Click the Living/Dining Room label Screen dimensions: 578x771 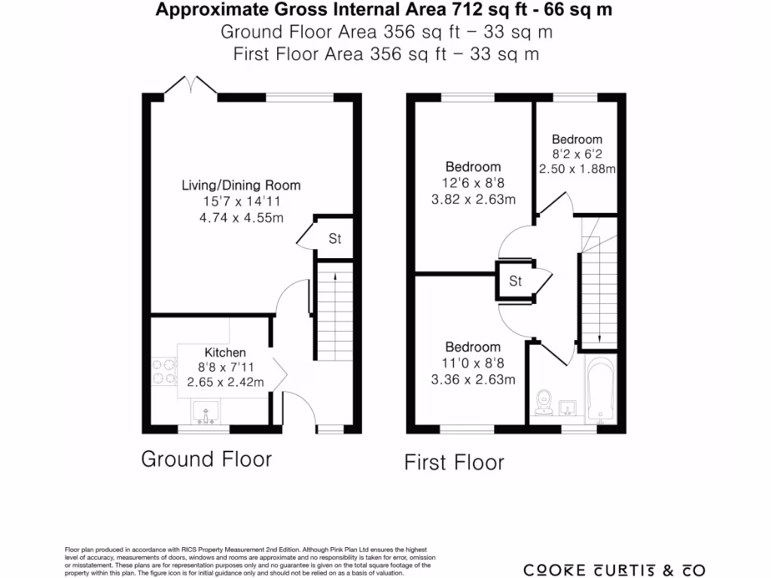click(241, 185)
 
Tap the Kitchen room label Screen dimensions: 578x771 click(225, 352)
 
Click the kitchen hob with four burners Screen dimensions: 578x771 click(164, 370)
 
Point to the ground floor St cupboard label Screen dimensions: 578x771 click(335, 240)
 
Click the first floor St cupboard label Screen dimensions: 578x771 click(516, 282)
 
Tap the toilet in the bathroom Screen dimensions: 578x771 click(543, 403)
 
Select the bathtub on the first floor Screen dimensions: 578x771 click(599, 390)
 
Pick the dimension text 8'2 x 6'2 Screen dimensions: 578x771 click(577, 154)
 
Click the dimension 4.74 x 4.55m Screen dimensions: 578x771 click(241, 218)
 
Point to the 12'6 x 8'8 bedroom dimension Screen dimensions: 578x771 click(473, 183)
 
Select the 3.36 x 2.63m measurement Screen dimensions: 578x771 click(473, 379)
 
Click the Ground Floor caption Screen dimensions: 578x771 click(206, 459)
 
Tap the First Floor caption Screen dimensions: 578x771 click(454, 462)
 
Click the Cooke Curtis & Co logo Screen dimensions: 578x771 click(614, 569)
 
